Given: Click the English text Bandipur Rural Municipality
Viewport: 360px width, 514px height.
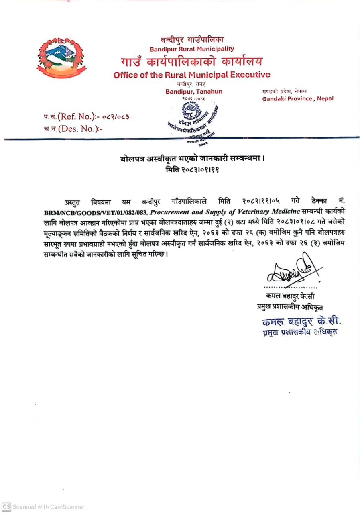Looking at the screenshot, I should (x=191, y=49).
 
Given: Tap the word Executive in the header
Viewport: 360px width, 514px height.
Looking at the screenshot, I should (x=250, y=75).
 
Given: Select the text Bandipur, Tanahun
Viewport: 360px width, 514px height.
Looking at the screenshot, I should (x=194, y=92).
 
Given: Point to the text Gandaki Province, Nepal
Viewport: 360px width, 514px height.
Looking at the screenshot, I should (x=298, y=99).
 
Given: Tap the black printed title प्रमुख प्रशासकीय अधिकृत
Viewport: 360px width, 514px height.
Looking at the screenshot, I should (x=290, y=307).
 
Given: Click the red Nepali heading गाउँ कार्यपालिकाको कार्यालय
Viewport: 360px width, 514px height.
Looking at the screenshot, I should (x=191, y=62).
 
